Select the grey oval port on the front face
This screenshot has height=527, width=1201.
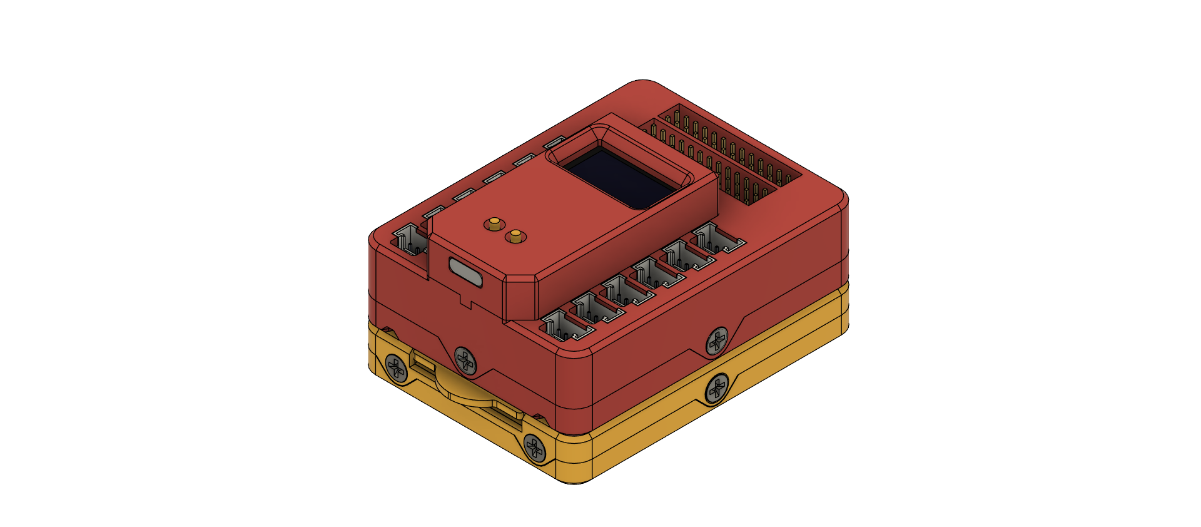click(x=465, y=272)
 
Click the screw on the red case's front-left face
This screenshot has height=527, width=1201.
click(x=465, y=359)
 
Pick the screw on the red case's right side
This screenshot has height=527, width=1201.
click(x=717, y=342)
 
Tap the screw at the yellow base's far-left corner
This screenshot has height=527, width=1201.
click(x=397, y=367)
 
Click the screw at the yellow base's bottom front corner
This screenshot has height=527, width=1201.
click(x=535, y=448)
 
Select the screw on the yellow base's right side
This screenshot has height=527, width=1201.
click(x=717, y=389)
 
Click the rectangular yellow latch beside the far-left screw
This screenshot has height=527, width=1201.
click(x=423, y=362)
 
